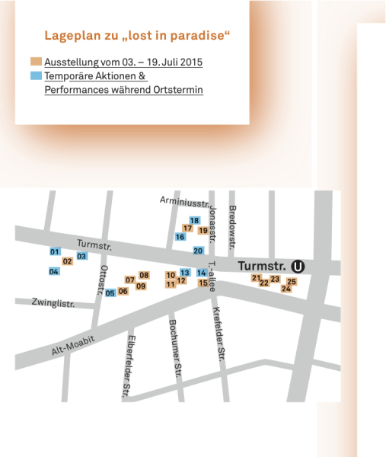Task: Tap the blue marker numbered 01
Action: pyautogui.click(x=54, y=252)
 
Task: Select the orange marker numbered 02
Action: pyautogui.click(x=67, y=262)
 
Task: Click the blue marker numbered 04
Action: pyautogui.click(x=54, y=271)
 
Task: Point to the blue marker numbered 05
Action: pyautogui.click(x=110, y=293)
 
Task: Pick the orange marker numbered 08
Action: pyautogui.click(x=144, y=275)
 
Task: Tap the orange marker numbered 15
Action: pyautogui.click(x=203, y=283)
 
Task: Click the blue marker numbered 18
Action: pyautogui.click(x=194, y=221)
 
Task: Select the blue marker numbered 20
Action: pyautogui.click(x=198, y=251)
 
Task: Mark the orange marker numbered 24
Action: pyautogui.click(x=286, y=289)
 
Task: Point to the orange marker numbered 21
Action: pyautogui.click(x=256, y=278)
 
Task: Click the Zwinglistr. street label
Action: pyautogui.click(x=53, y=303)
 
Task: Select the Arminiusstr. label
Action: pyautogui.click(x=184, y=202)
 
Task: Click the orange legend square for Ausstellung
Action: pyautogui.click(x=36, y=61)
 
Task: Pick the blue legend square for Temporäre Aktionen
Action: pyautogui.click(x=36, y=76)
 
